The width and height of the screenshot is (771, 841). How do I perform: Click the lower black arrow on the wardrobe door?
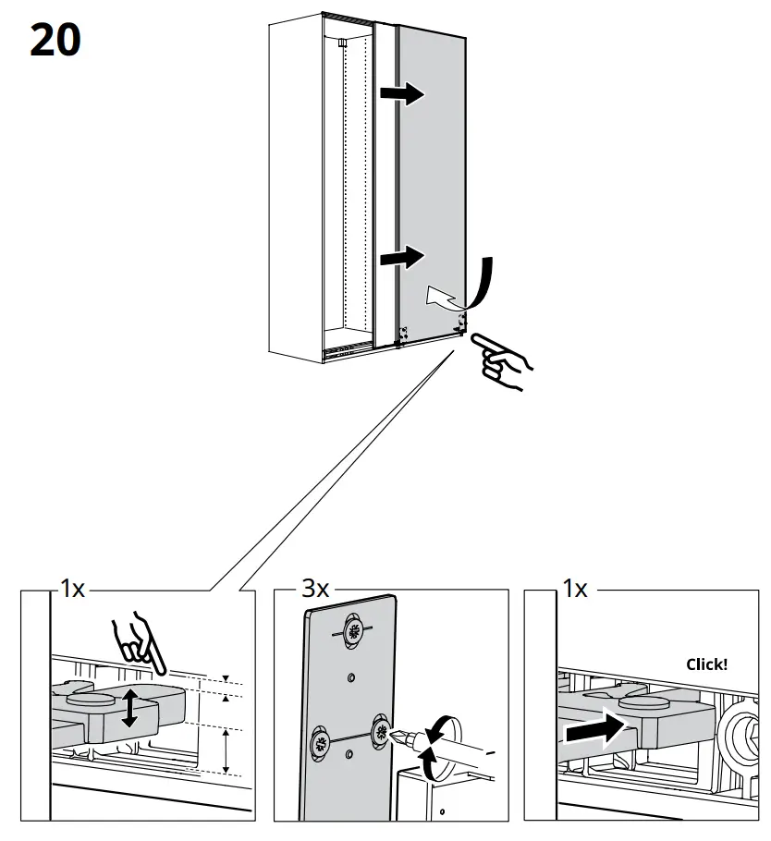(402, 255)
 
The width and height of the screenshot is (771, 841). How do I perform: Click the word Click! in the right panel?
(706, 664)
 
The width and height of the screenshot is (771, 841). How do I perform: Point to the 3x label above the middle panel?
(314, 589)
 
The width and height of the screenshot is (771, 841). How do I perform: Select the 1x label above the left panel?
(71, 589)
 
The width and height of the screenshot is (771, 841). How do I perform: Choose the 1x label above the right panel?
(574, 589)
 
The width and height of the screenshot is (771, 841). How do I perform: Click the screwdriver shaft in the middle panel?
(457, 746)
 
